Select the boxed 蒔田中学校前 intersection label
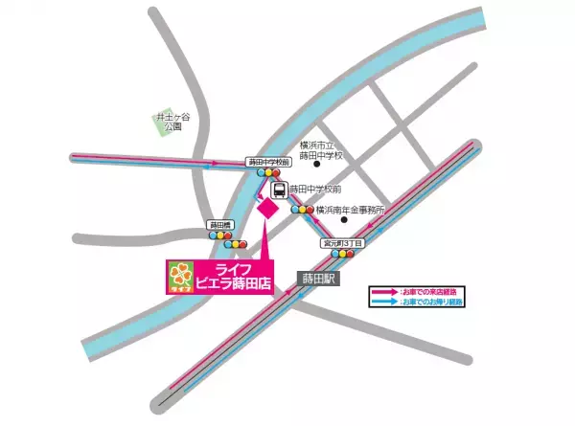(x=267, y=162)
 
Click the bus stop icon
(x=278, y=190)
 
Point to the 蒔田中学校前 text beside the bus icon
(x=314, y=190)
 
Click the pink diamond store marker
(x=267, y=209)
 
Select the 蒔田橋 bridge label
(x=220, y=224)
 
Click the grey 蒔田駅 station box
(x=315, y=278)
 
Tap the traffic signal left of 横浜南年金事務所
(x=302, y=210)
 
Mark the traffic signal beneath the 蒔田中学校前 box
(x=267, y=173)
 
